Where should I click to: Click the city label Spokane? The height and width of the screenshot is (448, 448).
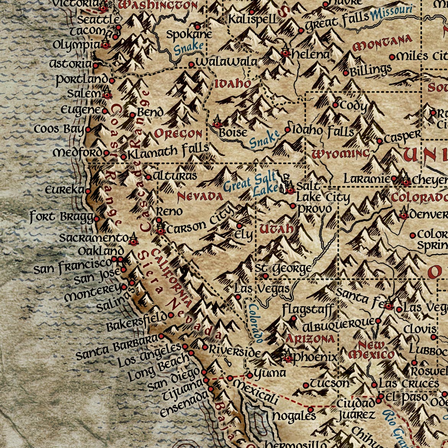tap(189, 34)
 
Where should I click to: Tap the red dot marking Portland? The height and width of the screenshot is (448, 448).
tap(112, 81)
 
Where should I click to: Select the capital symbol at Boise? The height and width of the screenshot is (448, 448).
tap(217, 124)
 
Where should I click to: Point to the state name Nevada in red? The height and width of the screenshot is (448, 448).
tap(200, 197)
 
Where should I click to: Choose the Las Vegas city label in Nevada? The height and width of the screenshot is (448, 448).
tap(262, 289)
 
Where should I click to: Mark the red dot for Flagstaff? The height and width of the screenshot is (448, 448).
tap(293, 318)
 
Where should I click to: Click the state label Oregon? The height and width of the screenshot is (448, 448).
tap(178, 134)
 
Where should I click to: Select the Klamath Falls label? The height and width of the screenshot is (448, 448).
tap(168, 151)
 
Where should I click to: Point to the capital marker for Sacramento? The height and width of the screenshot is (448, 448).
tap(133, 241)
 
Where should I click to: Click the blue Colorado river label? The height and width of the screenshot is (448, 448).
tap(255, 323)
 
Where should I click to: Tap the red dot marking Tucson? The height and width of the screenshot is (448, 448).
tap(306, 385)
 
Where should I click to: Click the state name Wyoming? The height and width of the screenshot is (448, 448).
tap(340, 154)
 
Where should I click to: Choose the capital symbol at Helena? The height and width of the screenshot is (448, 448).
tap(285, 53)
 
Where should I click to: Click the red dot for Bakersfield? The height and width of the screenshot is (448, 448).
tap(171, 316)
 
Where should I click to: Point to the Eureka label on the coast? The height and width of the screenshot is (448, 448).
tap(64, 190)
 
